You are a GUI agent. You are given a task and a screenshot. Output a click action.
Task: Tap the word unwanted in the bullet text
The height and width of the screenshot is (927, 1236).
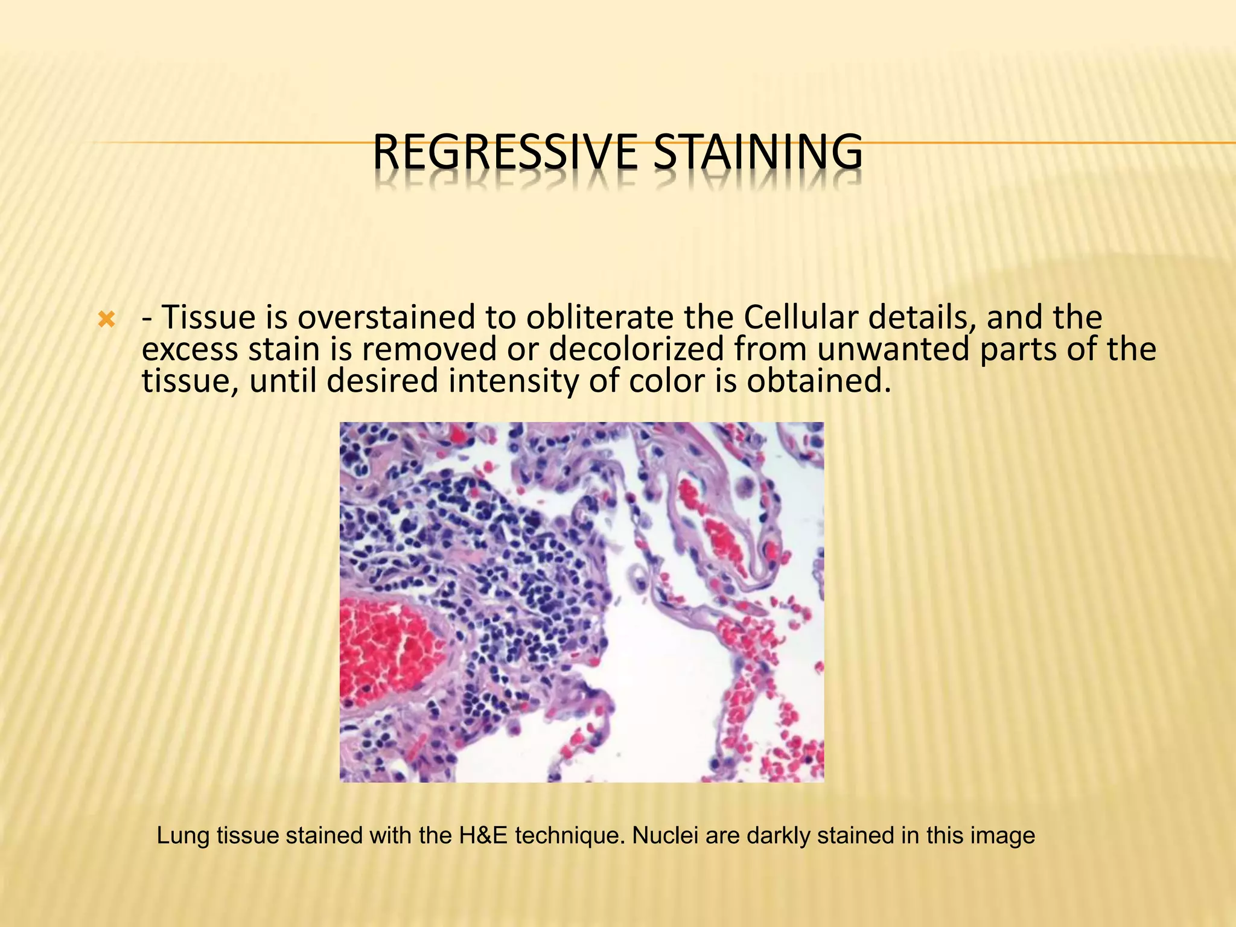point(893,349)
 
